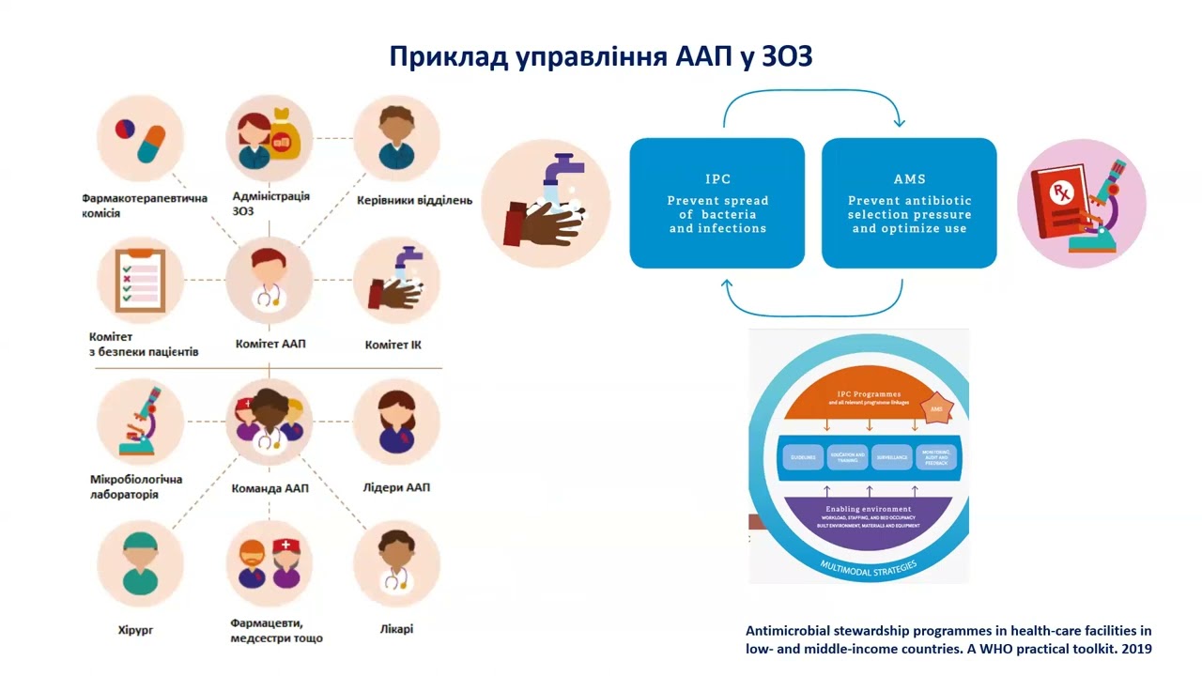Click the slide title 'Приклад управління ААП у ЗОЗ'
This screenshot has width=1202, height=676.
(601, 56)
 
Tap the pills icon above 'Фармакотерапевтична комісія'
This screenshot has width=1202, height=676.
(140, 139)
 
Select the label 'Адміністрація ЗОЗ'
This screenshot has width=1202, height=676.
(270, 204)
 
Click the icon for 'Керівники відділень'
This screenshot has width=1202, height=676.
(396, 139)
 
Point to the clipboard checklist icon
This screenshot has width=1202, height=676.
(140, 280)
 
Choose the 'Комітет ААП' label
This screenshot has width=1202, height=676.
(270, 344)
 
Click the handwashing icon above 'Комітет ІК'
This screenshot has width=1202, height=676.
(396, 280)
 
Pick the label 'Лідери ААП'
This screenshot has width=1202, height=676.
(396, 487)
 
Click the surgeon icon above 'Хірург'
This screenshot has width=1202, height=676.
(140, 563)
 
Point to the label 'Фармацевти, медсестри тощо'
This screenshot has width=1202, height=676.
(276, 630)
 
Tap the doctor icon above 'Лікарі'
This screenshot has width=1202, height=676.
(396, 563)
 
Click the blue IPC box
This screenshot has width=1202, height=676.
(717, 203)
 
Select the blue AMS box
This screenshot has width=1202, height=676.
(909, 203)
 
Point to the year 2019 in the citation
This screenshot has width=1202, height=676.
(1135, 649)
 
